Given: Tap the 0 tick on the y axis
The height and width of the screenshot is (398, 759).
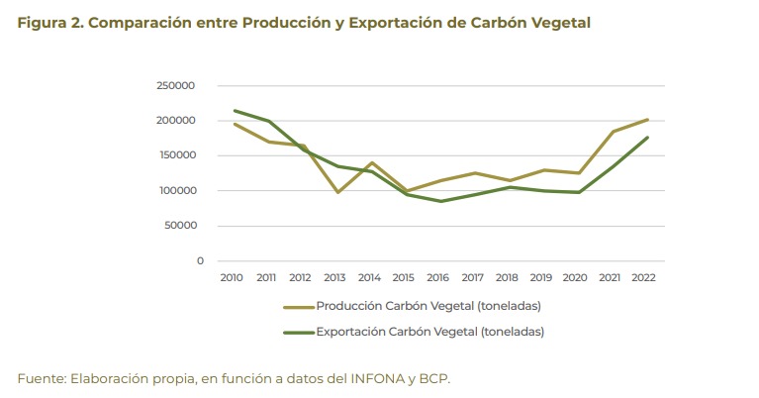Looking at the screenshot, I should tap(200, 261).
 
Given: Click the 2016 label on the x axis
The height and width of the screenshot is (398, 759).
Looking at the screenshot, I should tap(439, 278).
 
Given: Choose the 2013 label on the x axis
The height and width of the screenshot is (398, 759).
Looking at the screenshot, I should tap(336, 278).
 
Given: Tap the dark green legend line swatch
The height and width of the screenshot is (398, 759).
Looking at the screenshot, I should tap(298, 332).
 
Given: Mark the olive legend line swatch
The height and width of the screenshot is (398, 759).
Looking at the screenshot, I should tap(298, 307).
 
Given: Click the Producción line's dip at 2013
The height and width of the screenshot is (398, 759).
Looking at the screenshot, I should tap(336, 192).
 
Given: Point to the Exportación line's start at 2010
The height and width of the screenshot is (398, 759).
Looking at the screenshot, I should tap(234, 111).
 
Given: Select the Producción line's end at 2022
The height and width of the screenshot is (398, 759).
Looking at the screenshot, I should tap(647, 120).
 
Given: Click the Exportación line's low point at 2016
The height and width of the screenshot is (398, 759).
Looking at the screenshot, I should tap(439, 201).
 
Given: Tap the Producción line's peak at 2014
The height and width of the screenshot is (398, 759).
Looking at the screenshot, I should tap(371, 162).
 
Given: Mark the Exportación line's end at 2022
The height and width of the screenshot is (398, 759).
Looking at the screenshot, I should tap(647, 138).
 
